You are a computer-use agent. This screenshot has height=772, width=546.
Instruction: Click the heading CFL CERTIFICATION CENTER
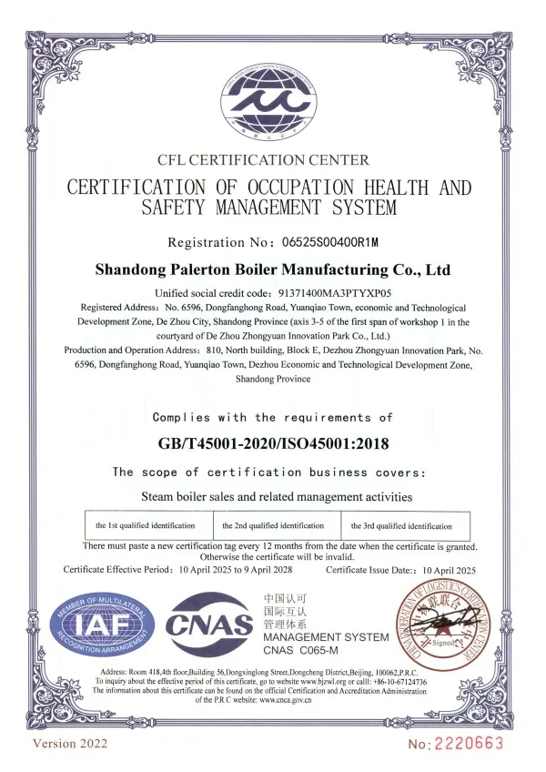click(x=263, y=160)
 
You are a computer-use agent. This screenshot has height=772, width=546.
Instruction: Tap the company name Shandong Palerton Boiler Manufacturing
click(x=272, y=270)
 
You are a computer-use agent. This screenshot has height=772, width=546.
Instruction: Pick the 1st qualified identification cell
click(x=146, y=526)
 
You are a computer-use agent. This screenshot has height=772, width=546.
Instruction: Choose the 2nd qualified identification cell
click(x=274, y=526)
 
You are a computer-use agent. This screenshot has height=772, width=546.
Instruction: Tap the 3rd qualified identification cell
click(x=402, y=526)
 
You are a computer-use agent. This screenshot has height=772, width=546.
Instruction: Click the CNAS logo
click(x=208, y=625)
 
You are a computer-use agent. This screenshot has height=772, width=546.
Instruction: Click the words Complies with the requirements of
click(x=273, y=417)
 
